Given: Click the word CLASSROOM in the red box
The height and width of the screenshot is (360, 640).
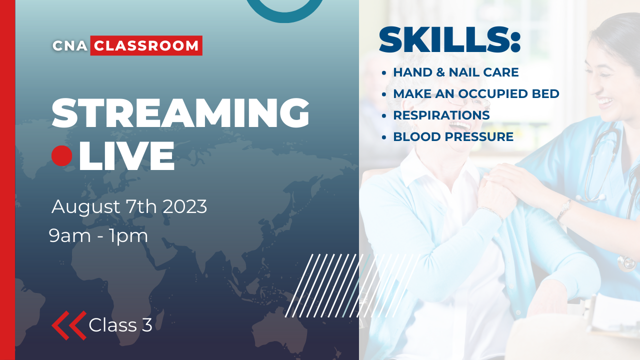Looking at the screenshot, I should click(146, 45).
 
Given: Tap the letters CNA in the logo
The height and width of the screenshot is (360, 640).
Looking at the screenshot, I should click(70, 46).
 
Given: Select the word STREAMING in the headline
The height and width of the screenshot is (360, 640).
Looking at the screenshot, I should click(180, 114).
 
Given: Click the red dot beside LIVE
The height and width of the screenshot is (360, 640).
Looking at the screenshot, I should click(62, 156).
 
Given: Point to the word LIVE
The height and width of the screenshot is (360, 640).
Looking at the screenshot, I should click(127, 156).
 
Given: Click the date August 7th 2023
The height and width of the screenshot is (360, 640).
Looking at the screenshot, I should click(129, 206).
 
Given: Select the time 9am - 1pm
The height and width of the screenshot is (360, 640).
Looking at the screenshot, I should click(98, 235).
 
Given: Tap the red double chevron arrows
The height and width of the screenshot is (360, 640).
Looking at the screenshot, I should click(69, 325).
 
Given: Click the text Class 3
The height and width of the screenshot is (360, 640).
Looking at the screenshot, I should click(120, 325).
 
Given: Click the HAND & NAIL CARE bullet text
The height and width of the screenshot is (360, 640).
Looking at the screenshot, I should click(455, 72).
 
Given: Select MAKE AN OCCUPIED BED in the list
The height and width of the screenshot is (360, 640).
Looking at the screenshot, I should click(476, 94).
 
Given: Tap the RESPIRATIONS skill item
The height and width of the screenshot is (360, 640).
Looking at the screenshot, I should click(441, 115).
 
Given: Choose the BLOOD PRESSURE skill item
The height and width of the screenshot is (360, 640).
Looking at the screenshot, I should click(453, 137).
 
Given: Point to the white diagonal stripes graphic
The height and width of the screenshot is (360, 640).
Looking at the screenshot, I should click(350, 285).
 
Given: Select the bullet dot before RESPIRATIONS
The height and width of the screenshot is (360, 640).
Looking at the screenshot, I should click(384, 115).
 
